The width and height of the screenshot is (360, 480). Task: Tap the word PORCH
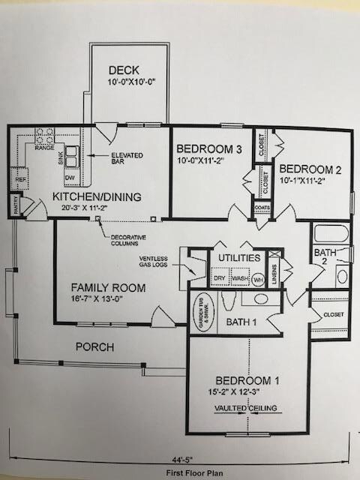tap(95, 347)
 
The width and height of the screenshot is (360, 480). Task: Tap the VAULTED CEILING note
tap(247, 408)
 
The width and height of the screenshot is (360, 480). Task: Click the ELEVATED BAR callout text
tap(127, 158)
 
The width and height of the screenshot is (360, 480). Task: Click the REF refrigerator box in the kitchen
tap(18, 181)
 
